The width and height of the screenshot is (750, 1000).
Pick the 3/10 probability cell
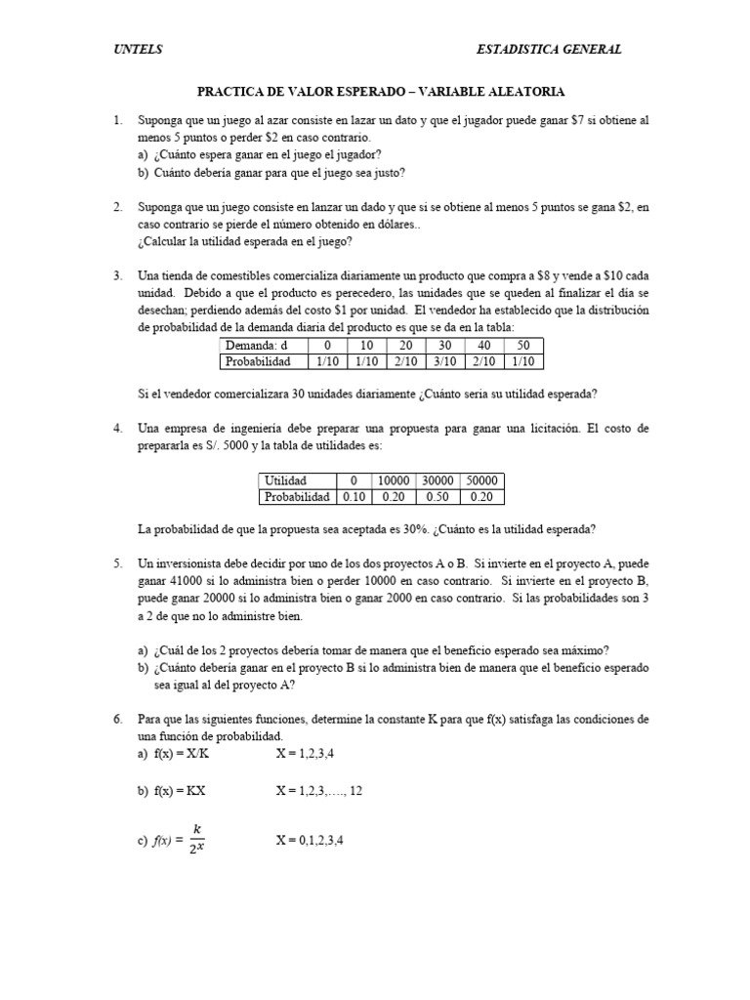point(444,361)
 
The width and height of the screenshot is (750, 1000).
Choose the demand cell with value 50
point(523,346)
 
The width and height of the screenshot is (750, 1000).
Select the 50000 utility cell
point(481,480)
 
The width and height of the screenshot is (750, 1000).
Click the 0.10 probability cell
point(351,496)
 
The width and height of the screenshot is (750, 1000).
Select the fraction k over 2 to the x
point(197,837)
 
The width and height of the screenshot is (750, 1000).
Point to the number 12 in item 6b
point(355,791)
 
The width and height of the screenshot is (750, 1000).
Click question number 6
point(117,719)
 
